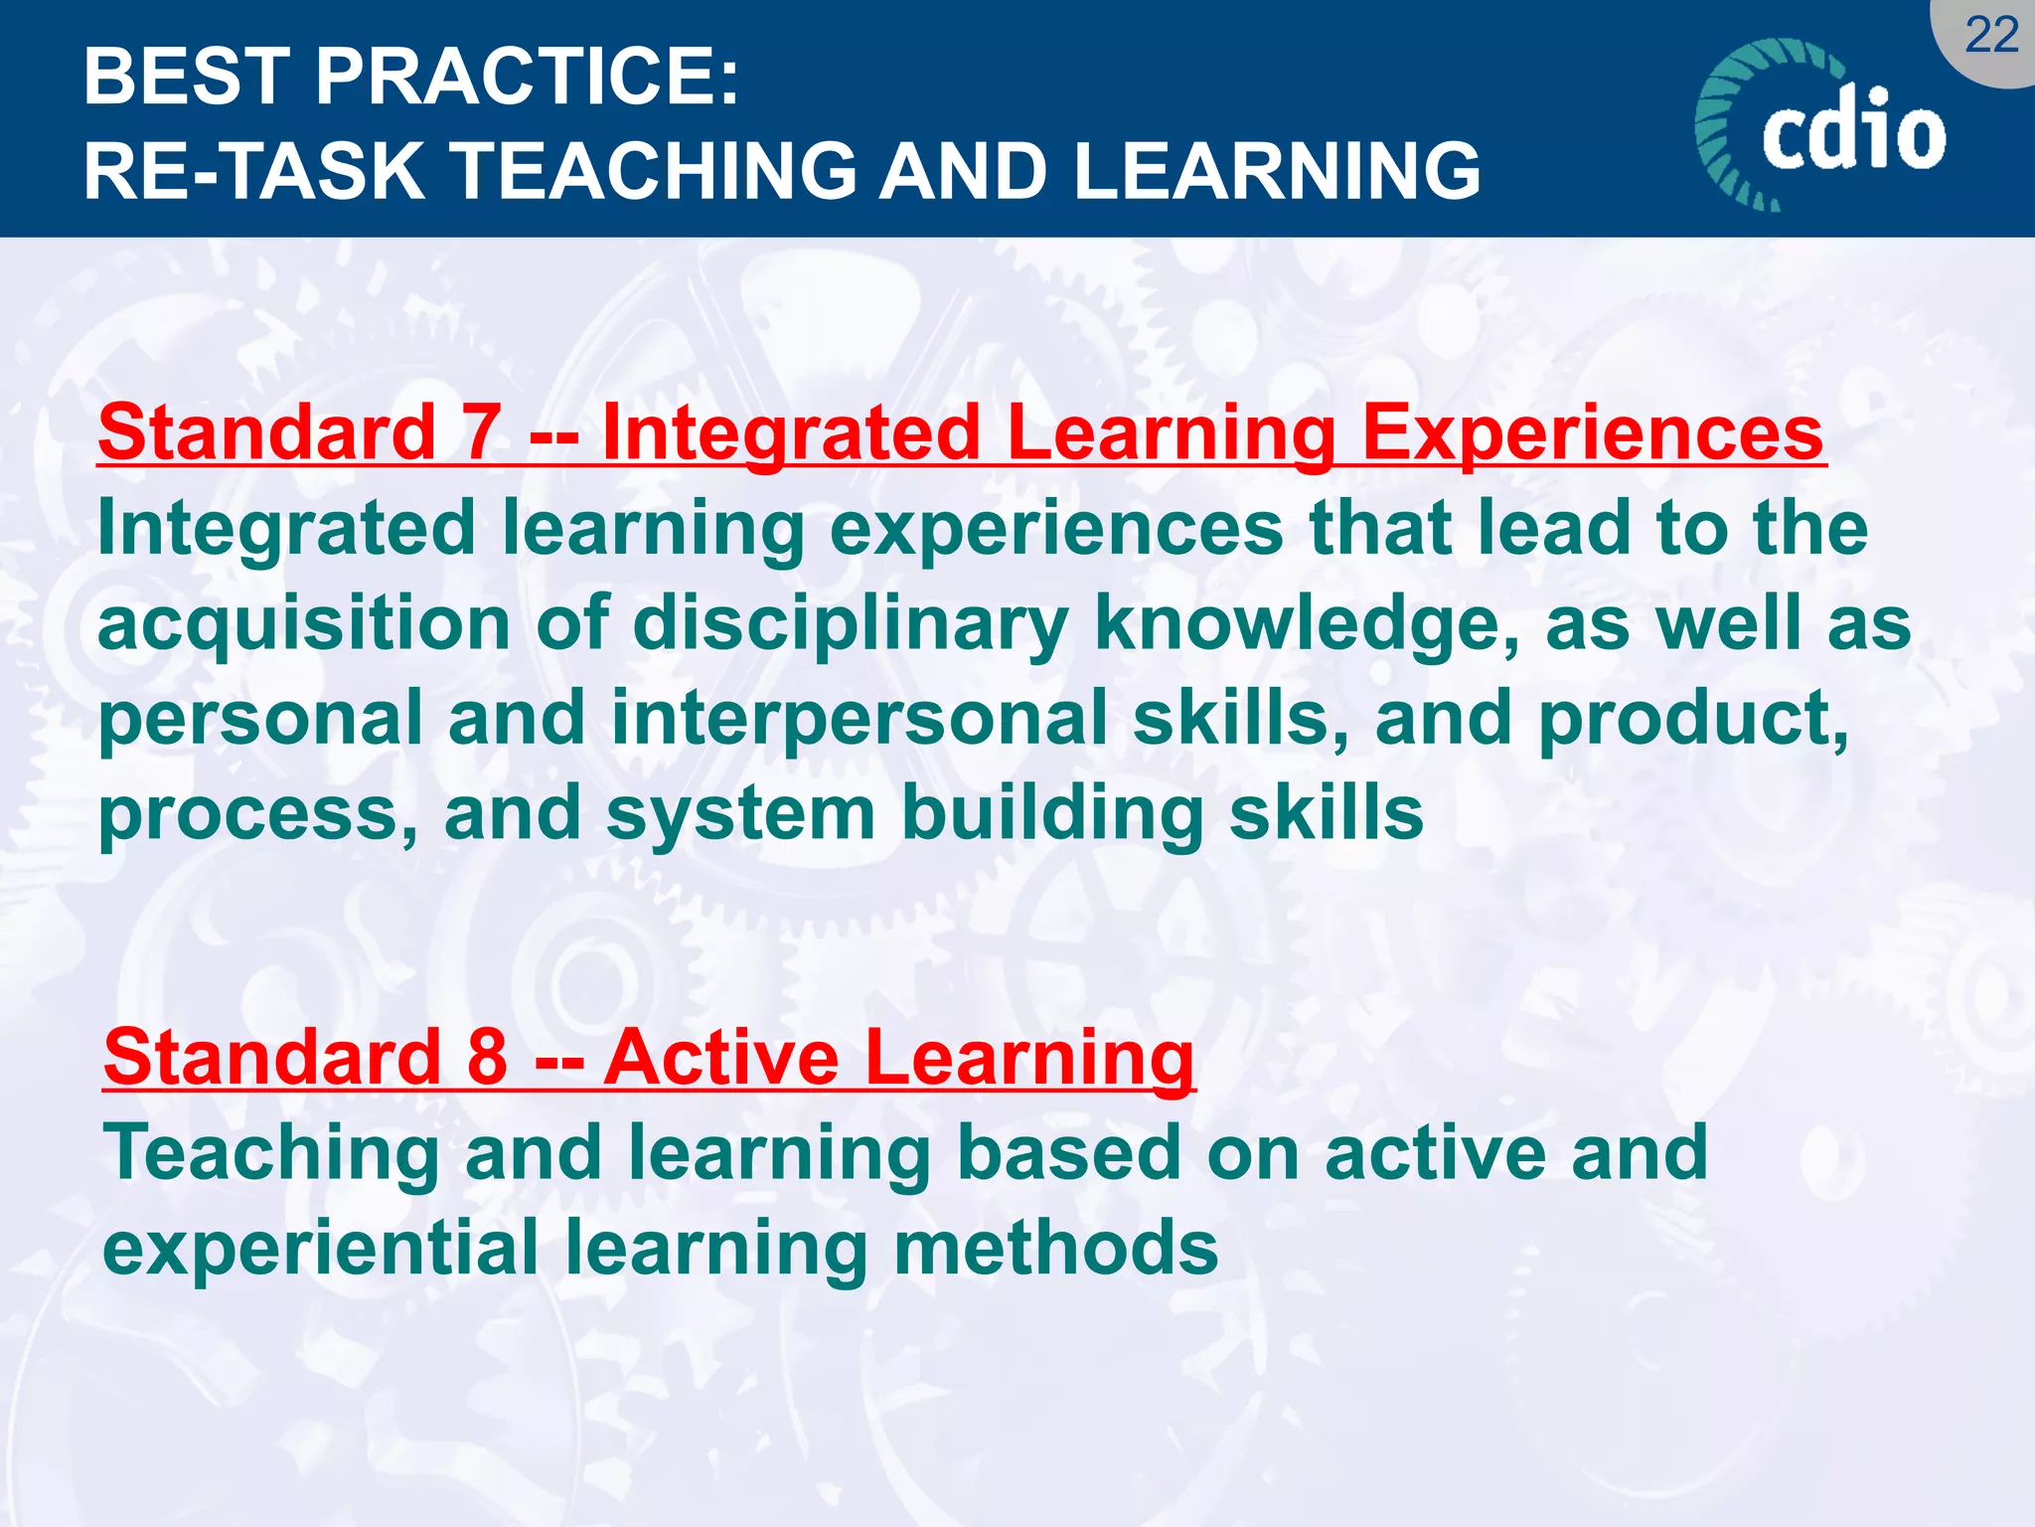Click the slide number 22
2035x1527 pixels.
coord(1991,36)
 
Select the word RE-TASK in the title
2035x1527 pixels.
coord(253,171)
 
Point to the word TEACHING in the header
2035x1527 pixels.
coord(656,171)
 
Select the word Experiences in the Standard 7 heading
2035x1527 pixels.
coord(1592,432)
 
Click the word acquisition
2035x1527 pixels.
coord(304,624)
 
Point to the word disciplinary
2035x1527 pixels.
coord(850,624)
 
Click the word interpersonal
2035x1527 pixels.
coord(859,719)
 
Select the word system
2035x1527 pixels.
coord(740,814)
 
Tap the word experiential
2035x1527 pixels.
coord(320,1249)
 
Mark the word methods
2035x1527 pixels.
coord(1055,1249)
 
